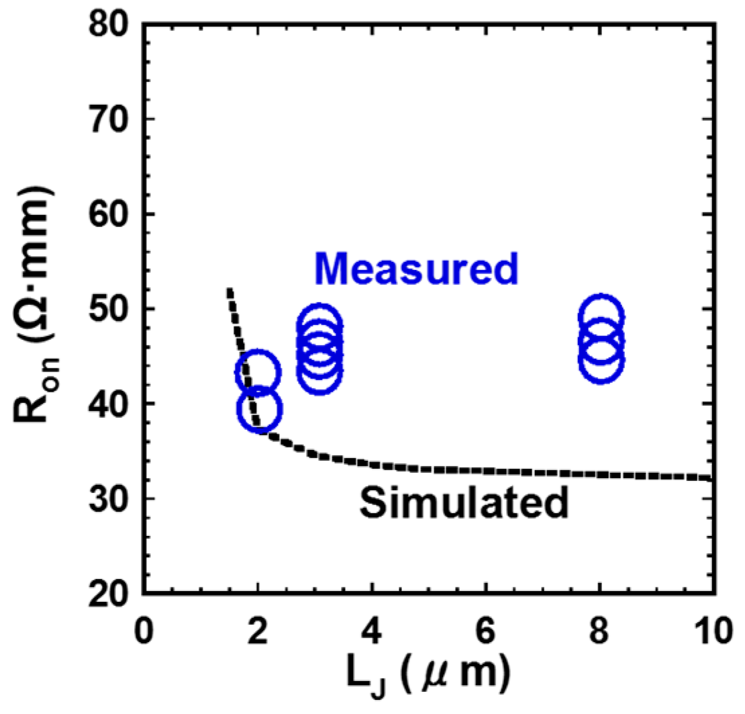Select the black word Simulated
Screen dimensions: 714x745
tap(463, 502)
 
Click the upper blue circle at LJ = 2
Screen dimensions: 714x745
tap(258, 372)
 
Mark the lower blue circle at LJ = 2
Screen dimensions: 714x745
tap(258, 408)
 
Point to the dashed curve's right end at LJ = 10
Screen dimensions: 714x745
tap(709, 478)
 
